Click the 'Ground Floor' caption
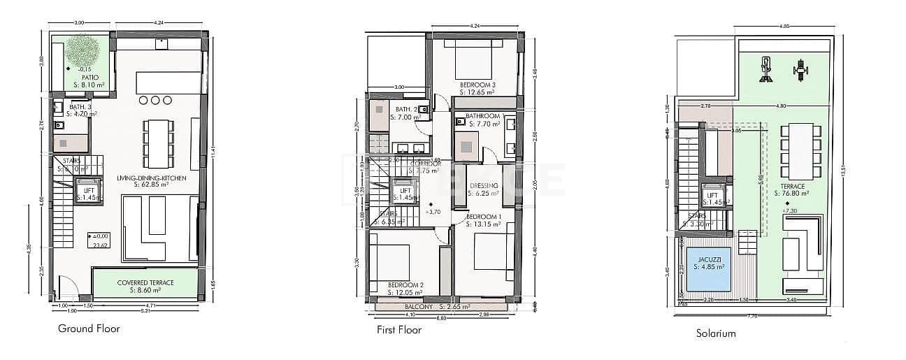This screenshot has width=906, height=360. coord(89,329)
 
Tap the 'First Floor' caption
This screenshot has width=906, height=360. coord(398,330)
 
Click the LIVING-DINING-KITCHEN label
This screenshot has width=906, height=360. coord(151,179)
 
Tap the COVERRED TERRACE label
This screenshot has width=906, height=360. coord(145,282)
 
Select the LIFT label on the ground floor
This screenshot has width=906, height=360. coord(87,189)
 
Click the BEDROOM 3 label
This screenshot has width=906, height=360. coord(477,85)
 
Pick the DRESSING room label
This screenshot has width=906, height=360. coord(483,185)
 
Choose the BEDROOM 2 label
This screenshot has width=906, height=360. coord(406,285)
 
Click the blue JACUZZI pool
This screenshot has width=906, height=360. coord(708,268)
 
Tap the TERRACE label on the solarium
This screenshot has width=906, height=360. coord(794,187)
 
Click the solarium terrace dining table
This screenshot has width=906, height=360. coord(797,152)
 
